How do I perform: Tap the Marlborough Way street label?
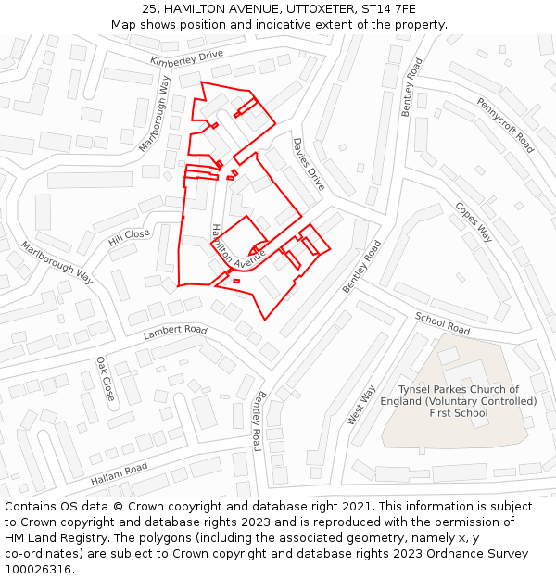pyautogui.click(x=58, y=263)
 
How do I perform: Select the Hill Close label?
pyautogui.click(x=129, y=237)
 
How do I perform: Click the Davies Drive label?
pyautogui.click(x=309, y=165)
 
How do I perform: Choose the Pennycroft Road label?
pyautogui.click(x=505, y=125)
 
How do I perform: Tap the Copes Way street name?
pyautogui.click(x=473, y=222)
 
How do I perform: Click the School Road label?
pyautogui.click(x=442, y=323)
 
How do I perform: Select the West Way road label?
pyautogui.click(x=361, y=405)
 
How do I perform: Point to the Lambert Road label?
pyautogui.click(x=175, y=331)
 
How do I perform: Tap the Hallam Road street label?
pyautogui.click(x=119, y=474)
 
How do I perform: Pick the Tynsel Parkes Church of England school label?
pyautogui.click(x=459, y=401)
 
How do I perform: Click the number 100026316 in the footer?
pyautogui.click(x=38, y=569)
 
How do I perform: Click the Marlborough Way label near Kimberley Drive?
pyautogui.click(x=155, y=114)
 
